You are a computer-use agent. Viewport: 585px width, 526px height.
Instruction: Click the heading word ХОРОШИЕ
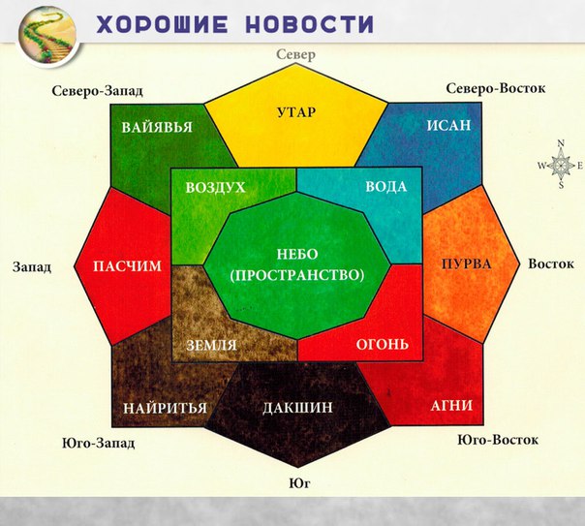pos(163,24)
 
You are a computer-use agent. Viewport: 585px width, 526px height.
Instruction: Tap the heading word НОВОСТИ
pos(310,24)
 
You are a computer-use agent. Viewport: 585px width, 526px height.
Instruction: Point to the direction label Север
pos(295,55)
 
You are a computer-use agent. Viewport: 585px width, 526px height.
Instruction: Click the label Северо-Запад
pos(98,91)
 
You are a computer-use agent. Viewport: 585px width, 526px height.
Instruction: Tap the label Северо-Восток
pos(496,88)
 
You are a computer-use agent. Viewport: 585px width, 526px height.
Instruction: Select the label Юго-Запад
pos(98,444)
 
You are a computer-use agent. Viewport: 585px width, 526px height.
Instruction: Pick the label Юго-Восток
pos(498,440)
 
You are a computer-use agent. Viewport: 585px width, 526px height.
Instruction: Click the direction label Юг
pos(299,483)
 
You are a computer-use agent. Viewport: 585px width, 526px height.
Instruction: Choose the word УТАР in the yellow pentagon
pos(296,112)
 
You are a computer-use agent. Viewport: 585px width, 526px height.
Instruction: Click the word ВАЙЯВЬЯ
pos(157,127)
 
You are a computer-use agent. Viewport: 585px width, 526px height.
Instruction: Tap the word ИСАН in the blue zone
pos(448,125)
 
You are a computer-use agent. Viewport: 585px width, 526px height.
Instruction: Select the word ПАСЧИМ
pos(127,266)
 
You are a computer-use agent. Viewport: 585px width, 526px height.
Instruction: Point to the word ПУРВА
pos(467,264)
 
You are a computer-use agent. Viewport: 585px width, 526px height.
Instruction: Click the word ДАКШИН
pos(297,408)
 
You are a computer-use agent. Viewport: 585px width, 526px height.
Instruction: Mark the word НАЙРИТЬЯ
pos(165,408)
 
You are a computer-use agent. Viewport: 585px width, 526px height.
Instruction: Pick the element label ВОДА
pos(385,187)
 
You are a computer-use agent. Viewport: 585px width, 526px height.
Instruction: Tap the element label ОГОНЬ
pos(383,344)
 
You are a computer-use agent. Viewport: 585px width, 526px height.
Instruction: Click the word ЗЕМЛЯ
pos(211,345)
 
